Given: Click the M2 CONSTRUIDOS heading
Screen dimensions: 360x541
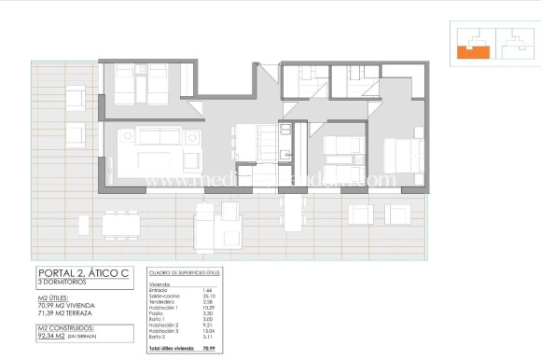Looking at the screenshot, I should [65, 327].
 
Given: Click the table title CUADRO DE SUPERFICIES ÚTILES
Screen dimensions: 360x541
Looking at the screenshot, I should [186, 273].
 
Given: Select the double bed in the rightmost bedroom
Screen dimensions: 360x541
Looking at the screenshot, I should [401, 153].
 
